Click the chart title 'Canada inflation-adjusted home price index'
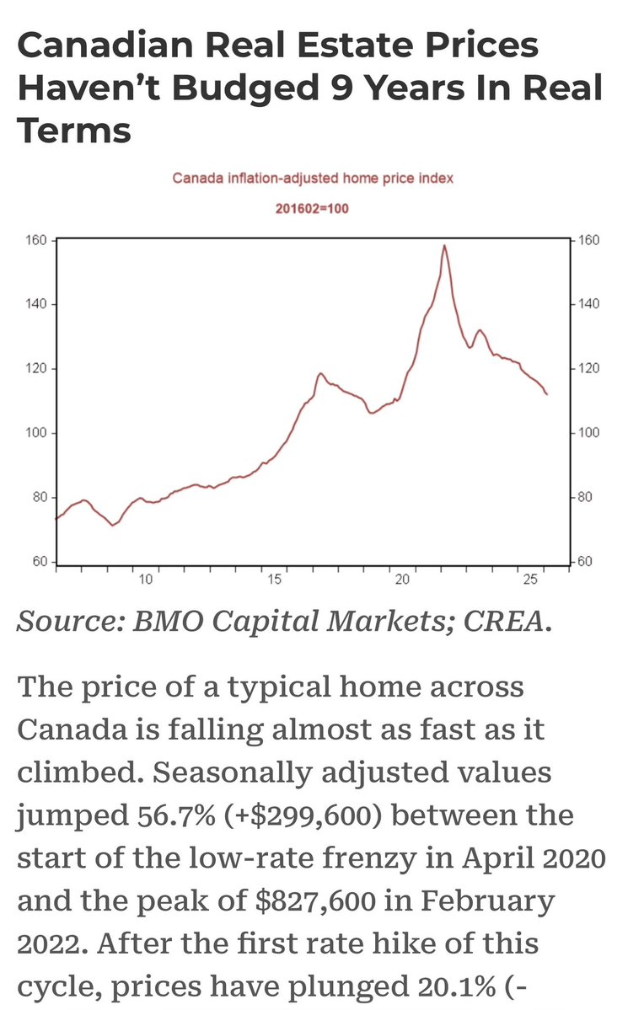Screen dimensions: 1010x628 click(314, 178)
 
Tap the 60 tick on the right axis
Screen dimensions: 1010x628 click(584, 562)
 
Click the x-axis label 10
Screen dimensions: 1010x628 click(145, 579)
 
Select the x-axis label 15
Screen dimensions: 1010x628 click(274, 579)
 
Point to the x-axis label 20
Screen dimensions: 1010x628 click(402, 579)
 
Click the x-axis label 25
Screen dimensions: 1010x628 click(530, 579)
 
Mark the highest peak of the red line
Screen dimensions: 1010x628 click(444, 245)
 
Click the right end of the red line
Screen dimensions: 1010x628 click(547, 394)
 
